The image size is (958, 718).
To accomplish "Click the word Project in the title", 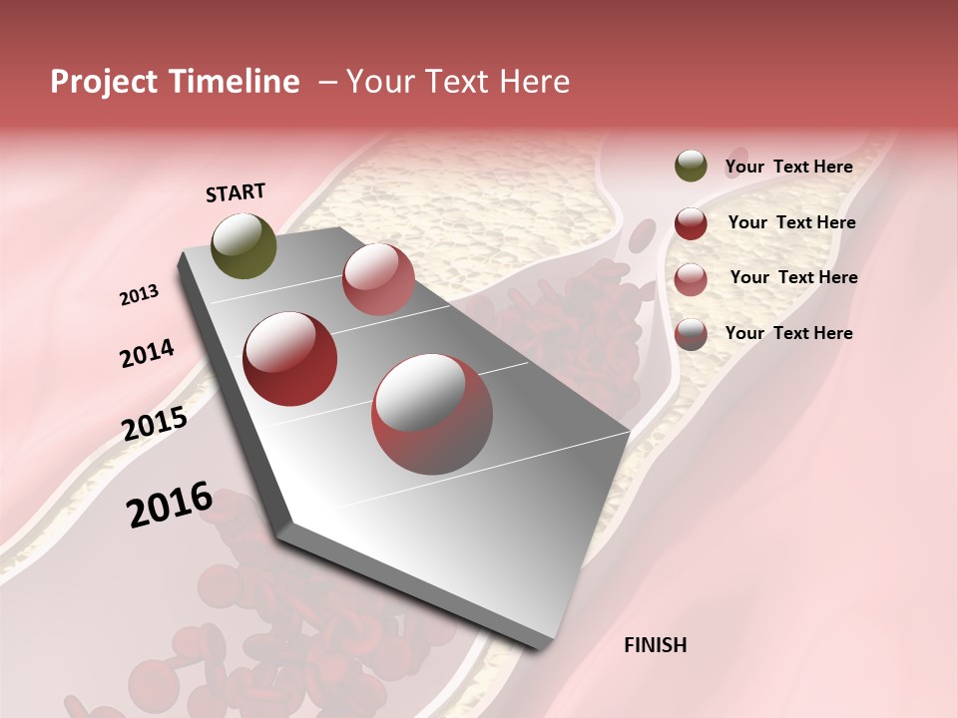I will pos(105,83).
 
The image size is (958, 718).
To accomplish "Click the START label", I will pos(236,192).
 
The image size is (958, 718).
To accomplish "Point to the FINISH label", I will pos(655,645).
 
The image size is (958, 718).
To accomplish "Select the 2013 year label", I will pos(139,295).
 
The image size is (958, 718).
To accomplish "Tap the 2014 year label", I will pos(147,353).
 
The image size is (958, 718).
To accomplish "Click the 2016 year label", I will pos(170,505).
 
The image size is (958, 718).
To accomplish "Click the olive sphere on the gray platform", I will pos(243,245).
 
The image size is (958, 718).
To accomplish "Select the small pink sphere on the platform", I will pos(378,279).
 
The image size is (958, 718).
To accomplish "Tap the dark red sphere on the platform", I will pos(290,359).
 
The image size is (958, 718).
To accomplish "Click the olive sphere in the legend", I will pos(691,167).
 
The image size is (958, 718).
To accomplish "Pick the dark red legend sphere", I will pos(691,223).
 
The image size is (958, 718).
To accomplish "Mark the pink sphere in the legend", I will pos(691,279).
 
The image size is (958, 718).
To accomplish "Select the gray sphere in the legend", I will pos(691,335).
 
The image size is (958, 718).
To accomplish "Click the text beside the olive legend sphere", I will pos(788,167).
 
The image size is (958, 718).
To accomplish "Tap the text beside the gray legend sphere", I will pos(788,333).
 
